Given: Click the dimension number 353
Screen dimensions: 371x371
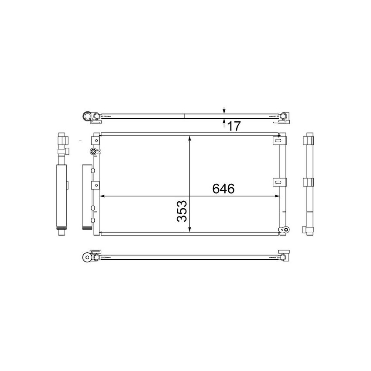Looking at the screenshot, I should (182, 211).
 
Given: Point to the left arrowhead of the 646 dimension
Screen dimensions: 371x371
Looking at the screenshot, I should (103, 196).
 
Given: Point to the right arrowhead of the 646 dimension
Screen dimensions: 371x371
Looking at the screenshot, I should (277, 196).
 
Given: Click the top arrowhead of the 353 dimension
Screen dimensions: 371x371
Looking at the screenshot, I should (189, 138).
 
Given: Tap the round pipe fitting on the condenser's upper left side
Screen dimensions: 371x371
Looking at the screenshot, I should (93, 151).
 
